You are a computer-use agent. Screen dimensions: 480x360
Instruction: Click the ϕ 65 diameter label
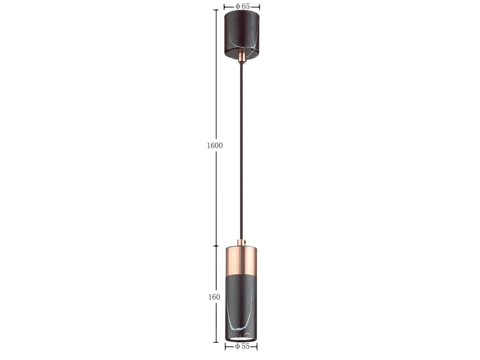[x=242, y=6]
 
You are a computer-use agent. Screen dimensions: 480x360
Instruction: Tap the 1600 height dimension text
[x=215, y=146]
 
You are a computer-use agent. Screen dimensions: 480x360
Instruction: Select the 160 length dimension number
[x=214, y=297]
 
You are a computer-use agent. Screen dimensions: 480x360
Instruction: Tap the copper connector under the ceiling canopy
[x=242, y=56]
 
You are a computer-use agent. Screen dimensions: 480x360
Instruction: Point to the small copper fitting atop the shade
[x=242, y=243]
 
